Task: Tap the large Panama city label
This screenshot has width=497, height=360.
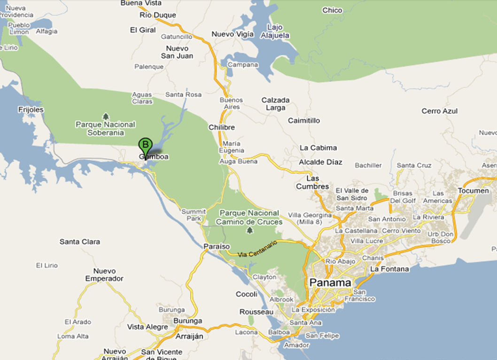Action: click(330, 283)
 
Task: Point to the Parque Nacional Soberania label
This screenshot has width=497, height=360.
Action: click(105, 128)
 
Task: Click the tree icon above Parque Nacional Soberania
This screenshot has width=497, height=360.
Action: click(105, 116)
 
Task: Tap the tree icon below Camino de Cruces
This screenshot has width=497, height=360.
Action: click(249, 230)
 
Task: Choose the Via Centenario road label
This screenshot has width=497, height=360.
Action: click(257, 249)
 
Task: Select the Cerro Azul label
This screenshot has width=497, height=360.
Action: click(439, 111)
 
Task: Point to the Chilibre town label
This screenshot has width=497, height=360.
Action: click(222, 127)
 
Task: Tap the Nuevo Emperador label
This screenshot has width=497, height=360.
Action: click(104, 275)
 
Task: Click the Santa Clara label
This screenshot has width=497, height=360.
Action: click(80, 242)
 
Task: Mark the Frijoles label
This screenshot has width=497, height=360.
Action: click(31, 110)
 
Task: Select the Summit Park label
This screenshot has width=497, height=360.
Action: click(194, 215)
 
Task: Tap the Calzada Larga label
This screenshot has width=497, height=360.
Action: click(275, 104)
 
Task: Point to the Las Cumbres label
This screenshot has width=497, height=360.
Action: click(312, 182)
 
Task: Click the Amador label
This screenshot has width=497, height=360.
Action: click(297, 345)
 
